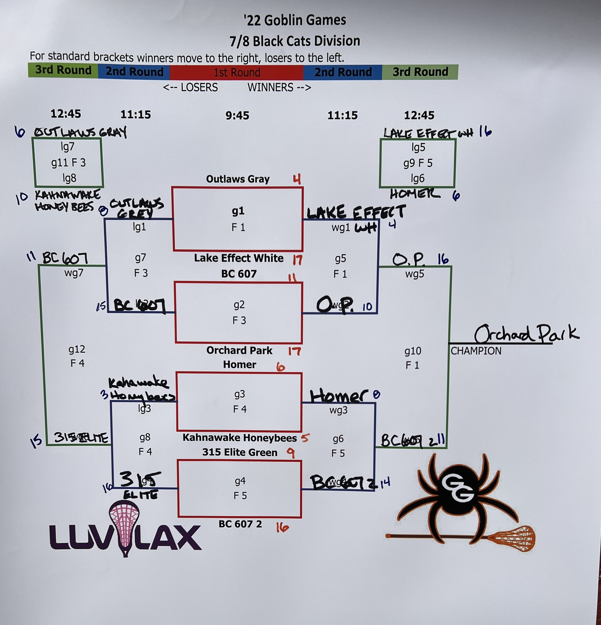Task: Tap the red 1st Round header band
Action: pos(237,72)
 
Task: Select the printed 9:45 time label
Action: pos(237,115)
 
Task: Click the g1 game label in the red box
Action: pos(238,211)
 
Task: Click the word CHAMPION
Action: pos(476,351)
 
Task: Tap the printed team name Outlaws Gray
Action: pos(238,179)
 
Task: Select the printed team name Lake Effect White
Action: pos(238,258)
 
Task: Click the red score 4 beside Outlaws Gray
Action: pos(297,179)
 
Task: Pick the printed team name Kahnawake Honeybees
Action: pos(239,438)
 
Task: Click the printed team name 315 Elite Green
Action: pos(239,452)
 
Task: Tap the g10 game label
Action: pos(413,351)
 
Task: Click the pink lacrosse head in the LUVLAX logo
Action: pos(124,523)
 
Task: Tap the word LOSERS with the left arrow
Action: pos(190,88)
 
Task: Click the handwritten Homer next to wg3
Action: pos(339,396)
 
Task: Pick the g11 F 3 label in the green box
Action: pos(69,163)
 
